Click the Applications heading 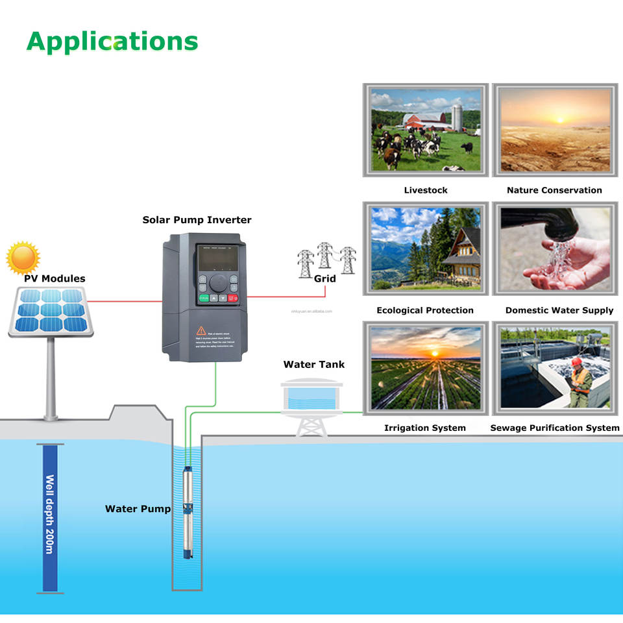point(112,41)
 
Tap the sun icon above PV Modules point(23,258)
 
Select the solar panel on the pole point(51,311)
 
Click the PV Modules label point(55,278)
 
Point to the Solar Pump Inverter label point(197,220)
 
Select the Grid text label point(324,278)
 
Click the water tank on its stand point(311,397)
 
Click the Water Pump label point(138,509)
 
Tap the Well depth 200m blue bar point(50,517)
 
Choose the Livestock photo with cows point(425,130)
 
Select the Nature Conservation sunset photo point(556,130)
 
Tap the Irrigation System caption point(425,428)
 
